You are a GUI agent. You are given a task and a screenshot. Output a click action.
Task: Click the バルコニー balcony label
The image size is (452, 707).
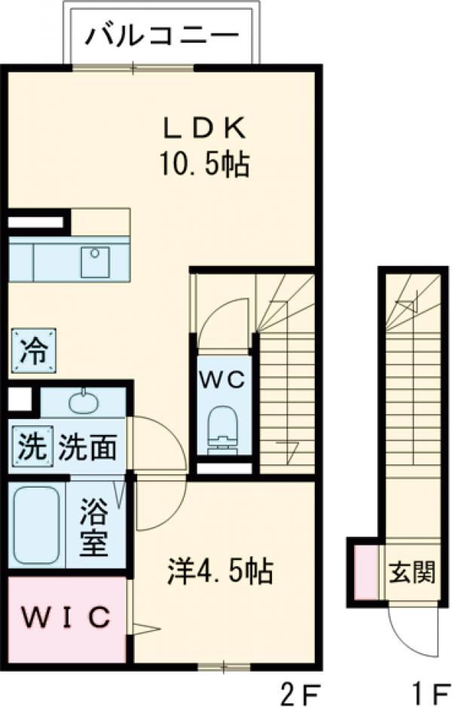(161, 35)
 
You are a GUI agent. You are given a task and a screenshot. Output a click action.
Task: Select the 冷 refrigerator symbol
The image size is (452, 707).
(33, 350)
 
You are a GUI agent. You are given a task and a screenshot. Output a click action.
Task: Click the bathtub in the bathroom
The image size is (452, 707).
(36, 523)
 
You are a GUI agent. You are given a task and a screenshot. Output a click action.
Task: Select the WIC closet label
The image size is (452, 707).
(66, 618)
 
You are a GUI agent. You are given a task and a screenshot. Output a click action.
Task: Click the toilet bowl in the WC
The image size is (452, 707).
(221, 427)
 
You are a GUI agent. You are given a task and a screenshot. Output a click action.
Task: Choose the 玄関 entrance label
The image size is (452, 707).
(412, 572)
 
